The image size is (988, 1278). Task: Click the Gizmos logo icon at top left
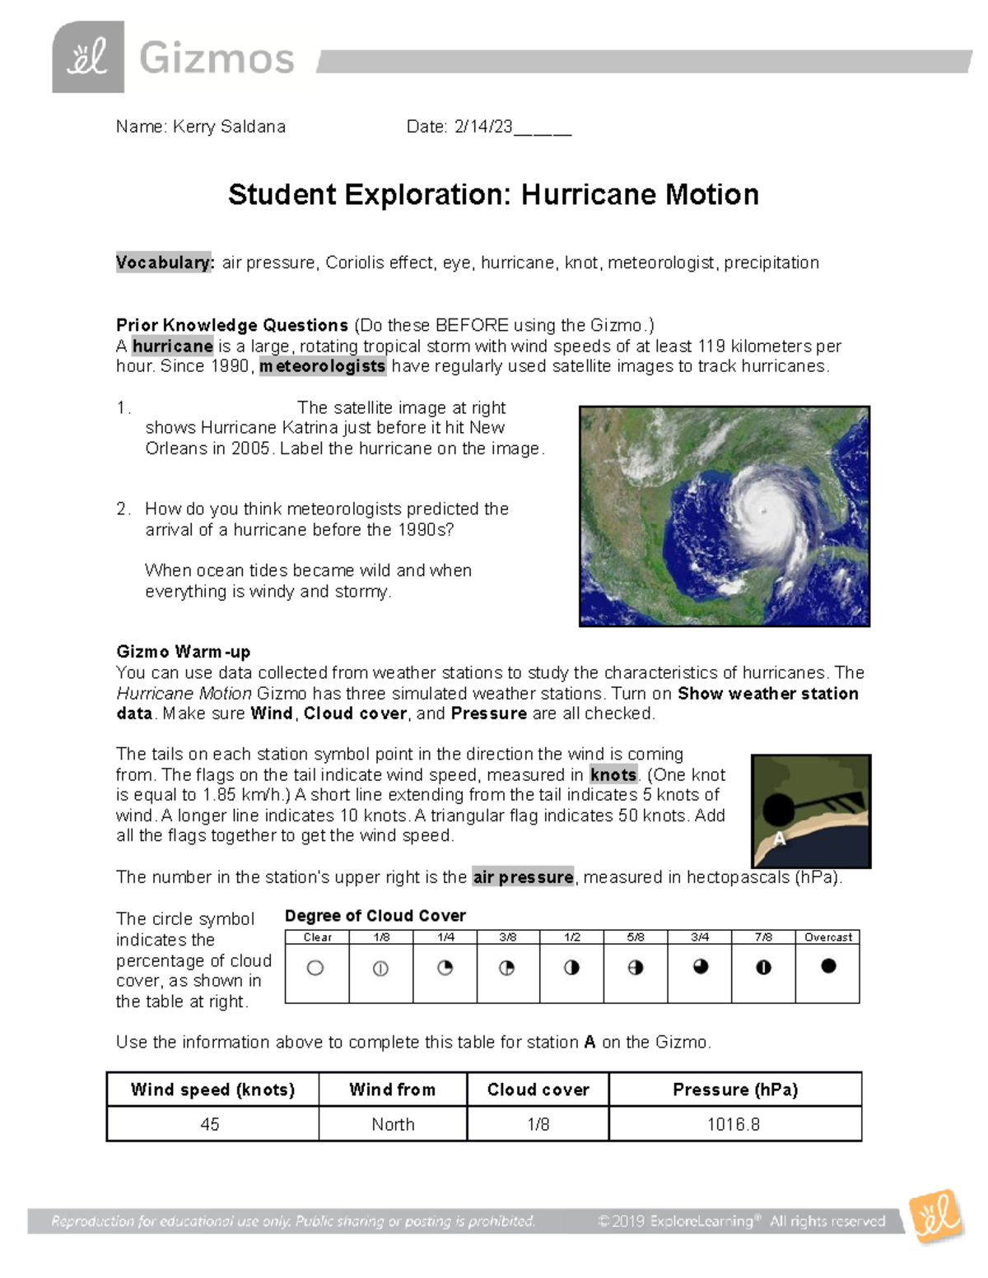pos(88,57)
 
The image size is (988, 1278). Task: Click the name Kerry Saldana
pos(229,127)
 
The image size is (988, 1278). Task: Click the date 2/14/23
pos(483,127)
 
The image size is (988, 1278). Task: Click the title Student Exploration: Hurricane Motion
pos(493,195)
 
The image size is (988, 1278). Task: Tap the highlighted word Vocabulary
pos(165,263)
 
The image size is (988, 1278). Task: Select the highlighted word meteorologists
pos(323,366)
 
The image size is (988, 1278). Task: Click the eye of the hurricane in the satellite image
pos(764,511)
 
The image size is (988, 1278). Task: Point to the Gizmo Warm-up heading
pos(183,652)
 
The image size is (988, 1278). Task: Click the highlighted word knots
pos(613,775)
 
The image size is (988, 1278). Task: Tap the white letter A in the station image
pos(779,839)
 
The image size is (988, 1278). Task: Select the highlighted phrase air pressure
pos(524,877)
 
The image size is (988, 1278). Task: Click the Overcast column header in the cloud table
pos(827,937)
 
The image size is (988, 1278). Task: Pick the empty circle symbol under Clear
pos(315,969)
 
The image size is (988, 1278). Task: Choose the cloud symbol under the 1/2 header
pos(571,969)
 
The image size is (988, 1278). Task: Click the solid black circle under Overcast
pos(828,966)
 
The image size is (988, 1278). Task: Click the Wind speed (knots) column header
pos(212,1090)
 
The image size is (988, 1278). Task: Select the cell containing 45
pos(210,1124)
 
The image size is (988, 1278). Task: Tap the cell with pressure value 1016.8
pos(734,1124)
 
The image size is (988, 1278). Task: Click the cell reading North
pos(393,1124)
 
